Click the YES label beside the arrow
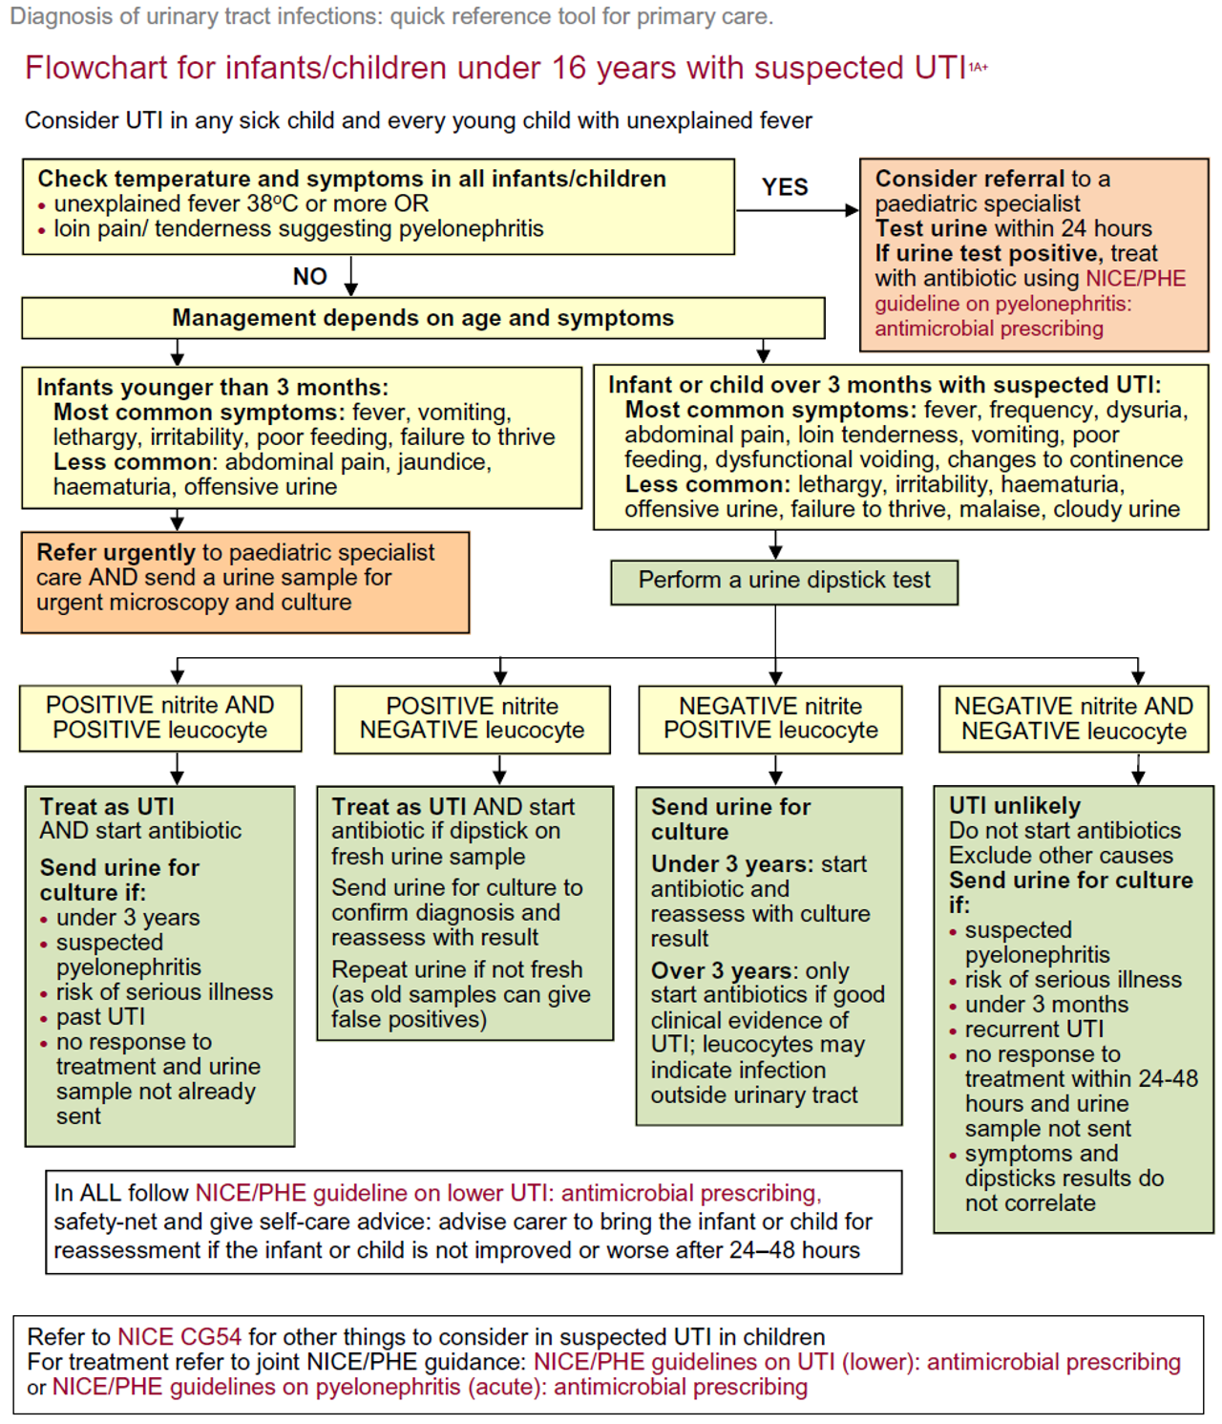coord(785,187)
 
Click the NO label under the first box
coord(309,277)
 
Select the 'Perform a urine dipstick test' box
coord(784,581)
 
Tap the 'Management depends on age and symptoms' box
coord(423,318)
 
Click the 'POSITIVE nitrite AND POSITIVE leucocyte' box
coord(160,718)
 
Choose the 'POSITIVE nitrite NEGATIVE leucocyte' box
coord(472,718)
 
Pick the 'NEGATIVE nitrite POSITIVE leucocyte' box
coord(770,718)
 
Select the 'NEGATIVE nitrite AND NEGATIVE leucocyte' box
coord(1073,719)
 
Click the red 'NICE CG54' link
coord(179,1337)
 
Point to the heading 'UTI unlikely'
coord(1014,806)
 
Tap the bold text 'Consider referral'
coord(969,180)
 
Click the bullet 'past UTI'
coord(100,1017)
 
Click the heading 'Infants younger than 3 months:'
coord(212,388)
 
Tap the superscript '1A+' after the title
coord(979,67)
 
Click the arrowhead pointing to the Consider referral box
coord(852,210)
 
